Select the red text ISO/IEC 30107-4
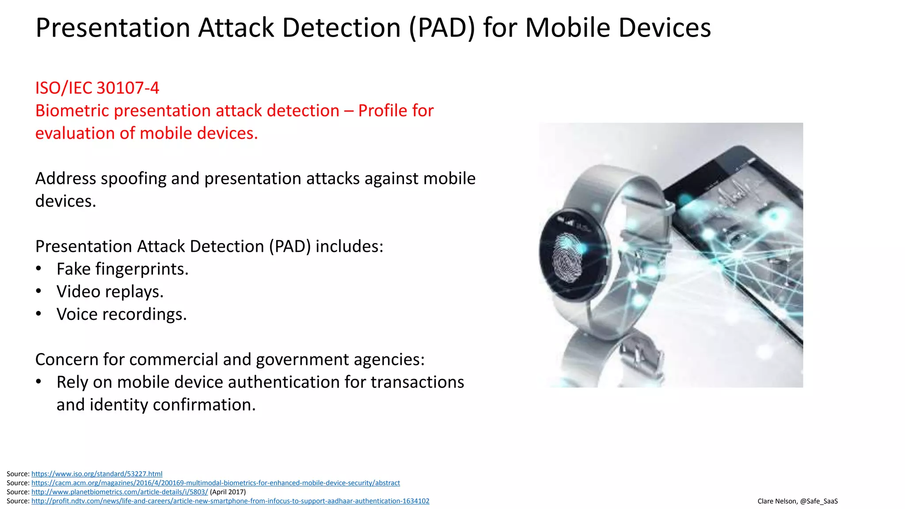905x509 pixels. coord(97,88)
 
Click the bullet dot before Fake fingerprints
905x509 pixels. coord(39,269)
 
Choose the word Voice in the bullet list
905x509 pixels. coord(77,314)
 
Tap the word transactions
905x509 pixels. coord(417,382)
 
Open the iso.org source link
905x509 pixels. coord(97,474)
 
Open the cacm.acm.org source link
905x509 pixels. coord(216,483)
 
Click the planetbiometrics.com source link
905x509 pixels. coord(119,492)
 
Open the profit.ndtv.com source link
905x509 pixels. coord(230,501)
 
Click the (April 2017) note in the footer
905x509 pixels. coord(228,492)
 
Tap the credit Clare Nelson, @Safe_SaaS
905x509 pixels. coord(797,501)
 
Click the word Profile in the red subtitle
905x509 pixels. coord(383,111)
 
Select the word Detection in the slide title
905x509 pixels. coord(341,28)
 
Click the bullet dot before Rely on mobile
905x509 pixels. coord(39,382)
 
